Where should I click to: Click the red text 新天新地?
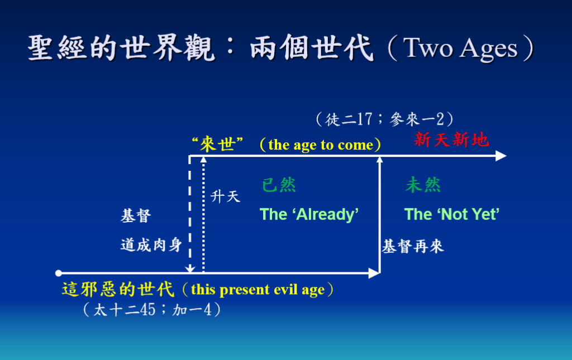coord(451,140)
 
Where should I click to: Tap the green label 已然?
coord(279,185)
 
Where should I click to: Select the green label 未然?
coord(423,185)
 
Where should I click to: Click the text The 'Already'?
coord(309,214)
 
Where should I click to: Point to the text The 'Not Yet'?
coord(451,214)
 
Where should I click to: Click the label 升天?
coord(226,197)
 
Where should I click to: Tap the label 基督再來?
coord(413,247)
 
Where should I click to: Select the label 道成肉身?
coord(151,245)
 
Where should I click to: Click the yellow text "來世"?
coord(217,145)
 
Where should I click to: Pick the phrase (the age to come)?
coord(320,145)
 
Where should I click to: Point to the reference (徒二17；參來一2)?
coord(385,119)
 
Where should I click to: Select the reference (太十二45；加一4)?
coord(152,310)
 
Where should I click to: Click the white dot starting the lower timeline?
coord(58,273)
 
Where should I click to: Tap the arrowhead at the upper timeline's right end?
coord(501,156)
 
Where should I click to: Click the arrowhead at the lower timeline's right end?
coord(374,273)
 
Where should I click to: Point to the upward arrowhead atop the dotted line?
coord(203,160)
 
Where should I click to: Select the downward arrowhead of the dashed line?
coord(190,269)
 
